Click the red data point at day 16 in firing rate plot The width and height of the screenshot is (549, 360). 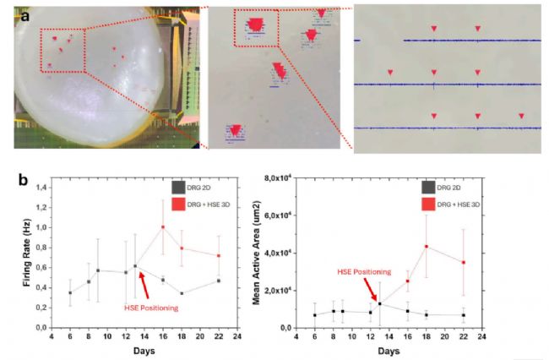(x=163, y=226)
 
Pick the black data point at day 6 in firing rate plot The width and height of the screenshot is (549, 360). (x=69, y=292)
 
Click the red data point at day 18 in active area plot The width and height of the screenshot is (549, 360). (x=427, y=247)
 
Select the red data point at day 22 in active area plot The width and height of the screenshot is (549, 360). (x=462, y=262)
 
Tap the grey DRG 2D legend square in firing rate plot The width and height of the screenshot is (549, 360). (x=177, y=186)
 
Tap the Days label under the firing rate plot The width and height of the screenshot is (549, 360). (x=144, y=349)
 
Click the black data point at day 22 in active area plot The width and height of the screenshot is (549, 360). (x=462, y=315)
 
